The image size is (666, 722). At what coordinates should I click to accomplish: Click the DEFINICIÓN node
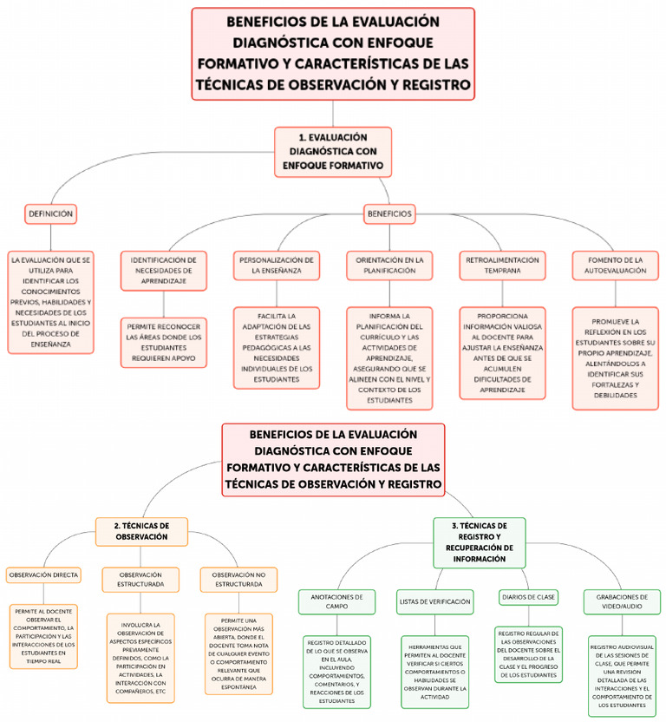pyautogui.click(x=50, y=213)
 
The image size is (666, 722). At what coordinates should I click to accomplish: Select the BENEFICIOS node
pyautogui.click(x=389, y=213)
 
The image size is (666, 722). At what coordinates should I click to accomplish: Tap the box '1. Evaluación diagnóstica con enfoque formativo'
pyautogui.click(x=334, y=152)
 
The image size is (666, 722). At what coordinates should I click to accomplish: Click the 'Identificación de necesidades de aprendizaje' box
pyautogui.click(x=164, y=265)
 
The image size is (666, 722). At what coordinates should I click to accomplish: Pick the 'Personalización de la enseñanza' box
pyautogui.click(x=277, y=265)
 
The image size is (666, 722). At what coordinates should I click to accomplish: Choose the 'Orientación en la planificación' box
pyautogui.click(x=389, y=265)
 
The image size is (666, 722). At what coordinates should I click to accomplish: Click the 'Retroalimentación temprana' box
pyautogui.click(x=503, y=265)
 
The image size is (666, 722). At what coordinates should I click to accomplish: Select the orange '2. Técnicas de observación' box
pyautogui.click(x=141, y=531)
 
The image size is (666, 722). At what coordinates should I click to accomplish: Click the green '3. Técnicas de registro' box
pyautogui.click(x=479, y=541)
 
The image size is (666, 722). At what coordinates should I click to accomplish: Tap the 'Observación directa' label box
pyautogui.click(x=43, y=574)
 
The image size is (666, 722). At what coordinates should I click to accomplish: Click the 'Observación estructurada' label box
pyautogui.click(x=140, y=580)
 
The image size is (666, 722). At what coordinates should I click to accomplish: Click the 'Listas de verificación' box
pyautogui.click(x=434, y=601)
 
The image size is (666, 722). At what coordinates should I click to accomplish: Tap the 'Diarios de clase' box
pyautogui.click(x=528, y=597)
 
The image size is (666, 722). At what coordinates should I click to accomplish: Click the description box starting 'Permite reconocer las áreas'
pyautogui.click(x=164, y=340)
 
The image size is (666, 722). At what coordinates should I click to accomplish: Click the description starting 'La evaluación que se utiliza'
pyautogui.click(x=50, y=302)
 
